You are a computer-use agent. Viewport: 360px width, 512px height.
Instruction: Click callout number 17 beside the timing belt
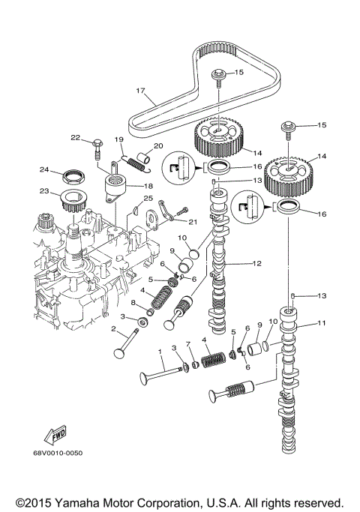click(140, 91)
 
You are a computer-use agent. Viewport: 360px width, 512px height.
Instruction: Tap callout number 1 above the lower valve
click(160, 352)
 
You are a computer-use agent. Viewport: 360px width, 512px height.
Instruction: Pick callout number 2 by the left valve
click(115, 328)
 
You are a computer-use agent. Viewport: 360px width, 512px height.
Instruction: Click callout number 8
click(133, 303)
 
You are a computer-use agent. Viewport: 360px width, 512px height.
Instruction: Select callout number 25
click(148, 198)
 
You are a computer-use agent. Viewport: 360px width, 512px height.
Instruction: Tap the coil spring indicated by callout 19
click(135, 158)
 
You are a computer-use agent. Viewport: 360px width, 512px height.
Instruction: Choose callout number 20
click(158, 145)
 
